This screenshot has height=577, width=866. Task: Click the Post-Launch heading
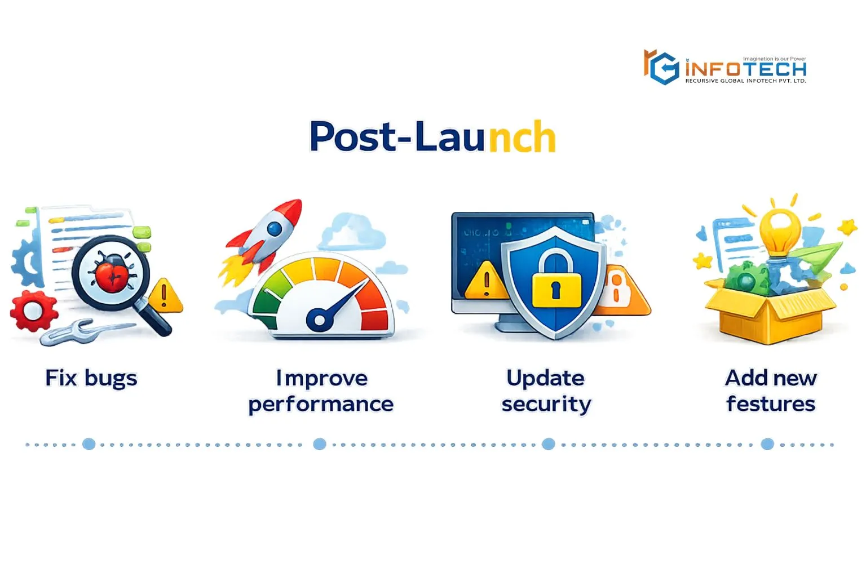(432, 137)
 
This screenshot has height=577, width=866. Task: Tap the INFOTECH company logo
(725, 68)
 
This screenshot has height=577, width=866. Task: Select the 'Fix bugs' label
(91, 378)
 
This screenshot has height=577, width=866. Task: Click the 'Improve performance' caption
(321, 391)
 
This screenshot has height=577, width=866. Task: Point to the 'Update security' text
(546, 391)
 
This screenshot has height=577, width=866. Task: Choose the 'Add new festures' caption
(771, 391)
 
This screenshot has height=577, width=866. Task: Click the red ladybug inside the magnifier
(111, 272)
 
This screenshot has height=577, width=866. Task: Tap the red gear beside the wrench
(33, 310)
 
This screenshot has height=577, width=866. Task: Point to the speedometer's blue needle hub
(320, 320)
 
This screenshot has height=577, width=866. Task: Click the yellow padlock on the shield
(556, 283)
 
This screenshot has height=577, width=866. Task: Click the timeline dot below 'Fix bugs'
(89, 444)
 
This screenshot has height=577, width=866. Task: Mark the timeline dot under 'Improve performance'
(320, 444)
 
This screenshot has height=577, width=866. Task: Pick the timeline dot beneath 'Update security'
(548, 444)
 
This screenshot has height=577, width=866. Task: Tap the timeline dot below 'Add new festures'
(767, 444)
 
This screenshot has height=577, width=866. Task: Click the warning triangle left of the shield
(486, 281)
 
